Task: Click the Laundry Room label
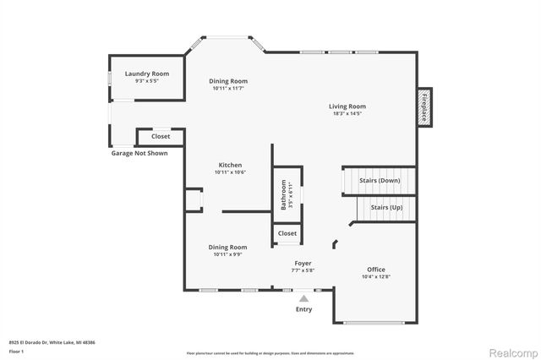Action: tap(147, 74)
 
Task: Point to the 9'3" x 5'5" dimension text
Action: tap(147, 81)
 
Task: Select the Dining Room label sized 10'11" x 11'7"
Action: tap(228, 81)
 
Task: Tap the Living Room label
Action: tap(347, 106)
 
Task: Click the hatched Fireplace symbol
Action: tap(425, 107)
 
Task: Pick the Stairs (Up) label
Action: tap(385, 207)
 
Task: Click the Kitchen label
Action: tap(230, 165)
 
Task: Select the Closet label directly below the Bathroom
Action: tap(287, 233)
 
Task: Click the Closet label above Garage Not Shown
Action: tap(161, 136)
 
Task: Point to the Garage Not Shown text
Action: tap(139, 154)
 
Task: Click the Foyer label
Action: tap(303, 264)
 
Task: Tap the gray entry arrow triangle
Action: tap(303, 297)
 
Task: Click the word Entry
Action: tap(303, 309)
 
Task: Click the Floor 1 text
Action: tap(16, 350)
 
